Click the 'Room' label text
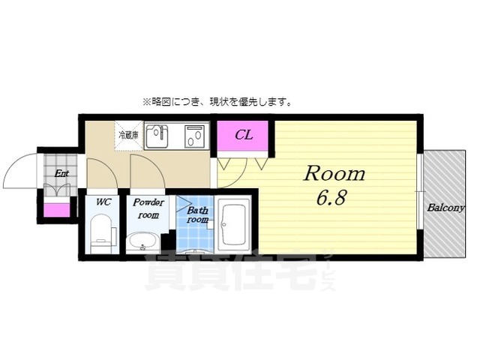pos(334,174)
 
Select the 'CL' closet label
pos(244,136)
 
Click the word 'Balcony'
pos(445,208)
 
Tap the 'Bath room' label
pos(196,214)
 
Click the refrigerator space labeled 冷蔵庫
pos(127,136)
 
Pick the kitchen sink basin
pos(157,137)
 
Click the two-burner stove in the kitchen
pos(195,136)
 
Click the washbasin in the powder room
pos(142,241)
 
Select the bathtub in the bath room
pos(233,223)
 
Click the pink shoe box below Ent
pos(57,210)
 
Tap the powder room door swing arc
pos(147,172)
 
